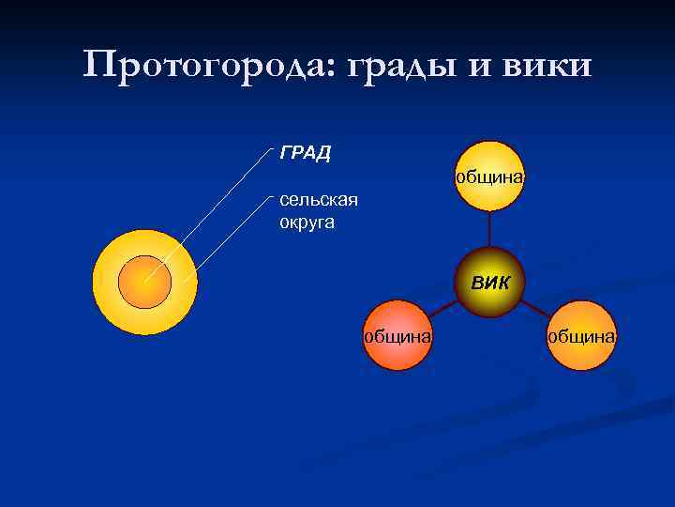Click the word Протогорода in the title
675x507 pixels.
tap(205, 66)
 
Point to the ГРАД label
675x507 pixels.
tap(305, 153)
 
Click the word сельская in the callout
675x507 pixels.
tap(319, 199)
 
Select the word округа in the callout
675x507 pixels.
tap(307, 223)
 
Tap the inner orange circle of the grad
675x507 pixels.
tap(145, 281)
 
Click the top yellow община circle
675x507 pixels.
tap(490, 176)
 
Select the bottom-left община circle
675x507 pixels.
tap(397, 336)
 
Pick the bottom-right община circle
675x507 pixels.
tap(582, 336)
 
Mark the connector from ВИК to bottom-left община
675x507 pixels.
tap(445, 309)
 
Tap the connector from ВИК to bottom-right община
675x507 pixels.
tap(535, 309)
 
